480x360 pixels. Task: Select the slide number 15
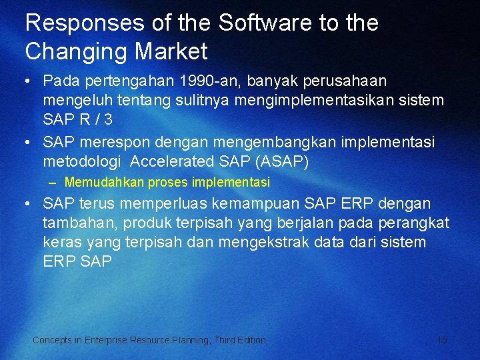pos(442,340)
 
